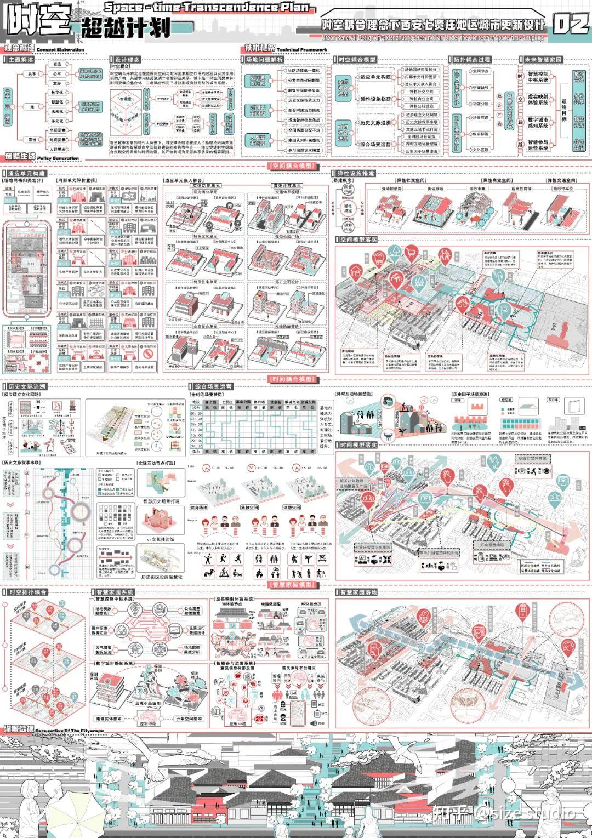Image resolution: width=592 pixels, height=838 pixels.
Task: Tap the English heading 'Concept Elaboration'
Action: (61, 49)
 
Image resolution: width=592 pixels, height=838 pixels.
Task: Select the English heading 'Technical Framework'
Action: (301, 49)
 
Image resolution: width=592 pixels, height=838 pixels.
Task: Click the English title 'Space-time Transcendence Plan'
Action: (207, 8)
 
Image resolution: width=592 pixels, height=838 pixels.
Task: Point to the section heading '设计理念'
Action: (127, 59)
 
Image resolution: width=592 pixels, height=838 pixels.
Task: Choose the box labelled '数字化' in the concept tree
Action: (57, 93)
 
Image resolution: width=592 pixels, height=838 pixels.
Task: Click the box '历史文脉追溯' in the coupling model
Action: (375, 123)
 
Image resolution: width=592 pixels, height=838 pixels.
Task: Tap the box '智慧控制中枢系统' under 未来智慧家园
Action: (538, 77)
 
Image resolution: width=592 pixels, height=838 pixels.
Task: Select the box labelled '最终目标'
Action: (563, 110)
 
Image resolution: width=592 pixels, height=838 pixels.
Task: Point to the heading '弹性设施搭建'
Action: (356, 173)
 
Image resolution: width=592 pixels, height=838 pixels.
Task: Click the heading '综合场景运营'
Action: (212, 386)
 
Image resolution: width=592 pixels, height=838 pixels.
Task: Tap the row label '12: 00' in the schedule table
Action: (196, 431)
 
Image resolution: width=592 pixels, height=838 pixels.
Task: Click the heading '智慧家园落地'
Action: (358, 592)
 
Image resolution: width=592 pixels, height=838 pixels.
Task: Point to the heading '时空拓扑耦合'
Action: (28, 592)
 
